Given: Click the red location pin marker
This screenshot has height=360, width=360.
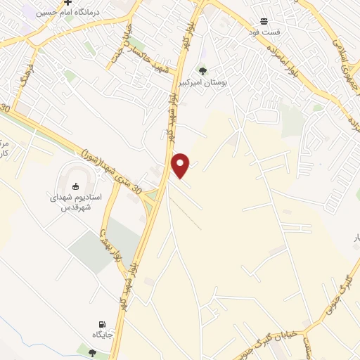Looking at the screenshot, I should [x=181, y=164].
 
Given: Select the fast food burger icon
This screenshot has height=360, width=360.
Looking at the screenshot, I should [x=264, y=22].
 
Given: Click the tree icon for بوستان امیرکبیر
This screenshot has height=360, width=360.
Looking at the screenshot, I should [x=202, y=70].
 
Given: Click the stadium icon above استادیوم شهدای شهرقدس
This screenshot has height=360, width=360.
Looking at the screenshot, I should [x=76, y=186].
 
